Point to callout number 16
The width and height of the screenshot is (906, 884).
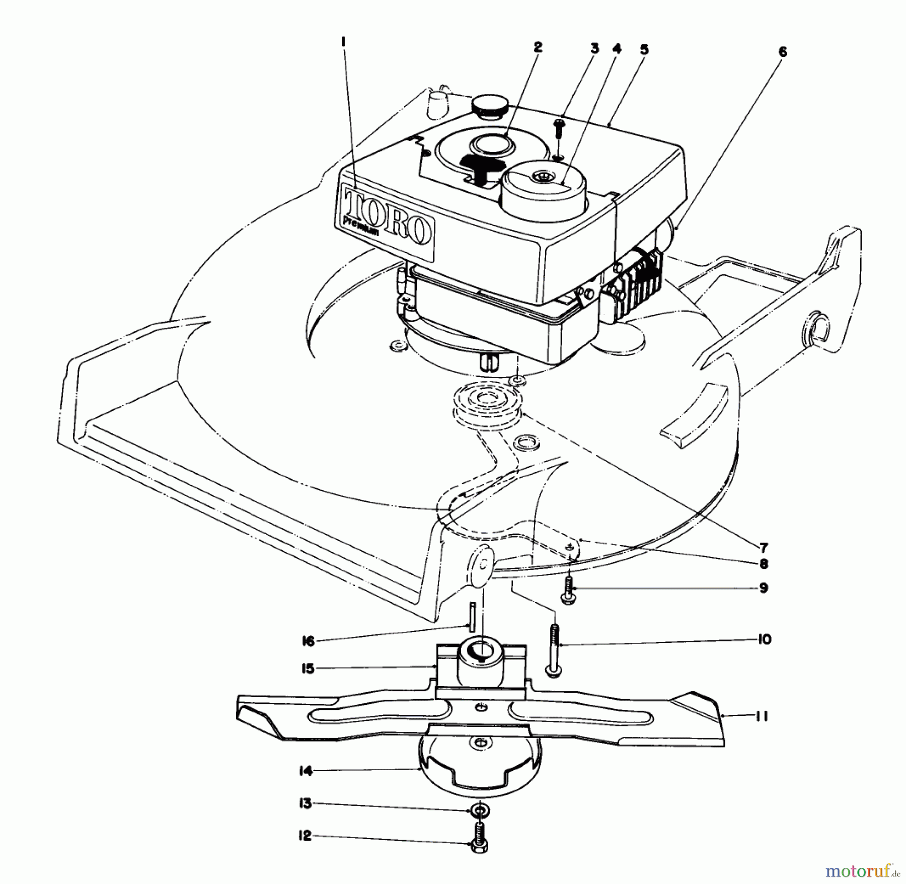pos(308,641)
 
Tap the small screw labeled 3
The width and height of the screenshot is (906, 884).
pos(558,129)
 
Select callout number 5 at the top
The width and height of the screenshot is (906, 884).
pos(644,50)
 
